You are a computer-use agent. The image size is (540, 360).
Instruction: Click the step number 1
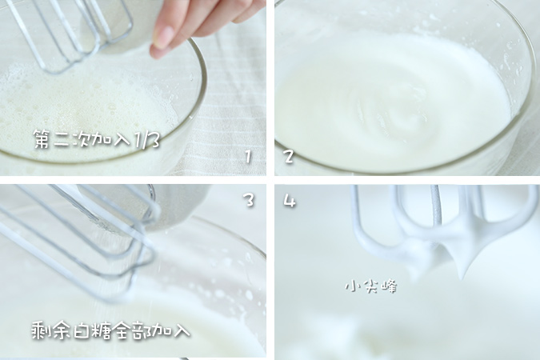click(248, 157)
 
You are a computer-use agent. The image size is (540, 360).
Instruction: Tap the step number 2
click(288, 157)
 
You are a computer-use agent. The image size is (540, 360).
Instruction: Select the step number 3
click(249, 200)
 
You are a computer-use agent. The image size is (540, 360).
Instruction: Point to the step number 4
click(289, 201)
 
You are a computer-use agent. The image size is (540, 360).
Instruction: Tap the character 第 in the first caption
click(42, 140)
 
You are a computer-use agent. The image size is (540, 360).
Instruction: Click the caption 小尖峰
click(370, 286)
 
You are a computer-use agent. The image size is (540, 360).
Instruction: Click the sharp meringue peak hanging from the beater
click(462, 268)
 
